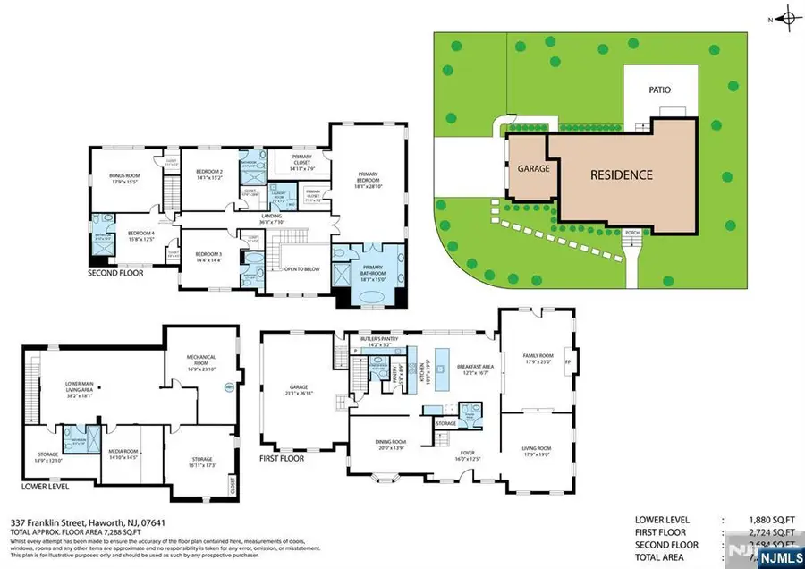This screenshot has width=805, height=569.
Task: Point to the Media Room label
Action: [x=123, y=454]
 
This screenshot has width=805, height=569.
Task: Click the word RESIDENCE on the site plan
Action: [x=620, y=174]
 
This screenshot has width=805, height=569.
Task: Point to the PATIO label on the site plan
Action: [x=660, y=89]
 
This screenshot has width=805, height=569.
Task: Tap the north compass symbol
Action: [x=787, y=17]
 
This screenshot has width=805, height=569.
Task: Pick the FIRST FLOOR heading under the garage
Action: [x=282, y=458]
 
